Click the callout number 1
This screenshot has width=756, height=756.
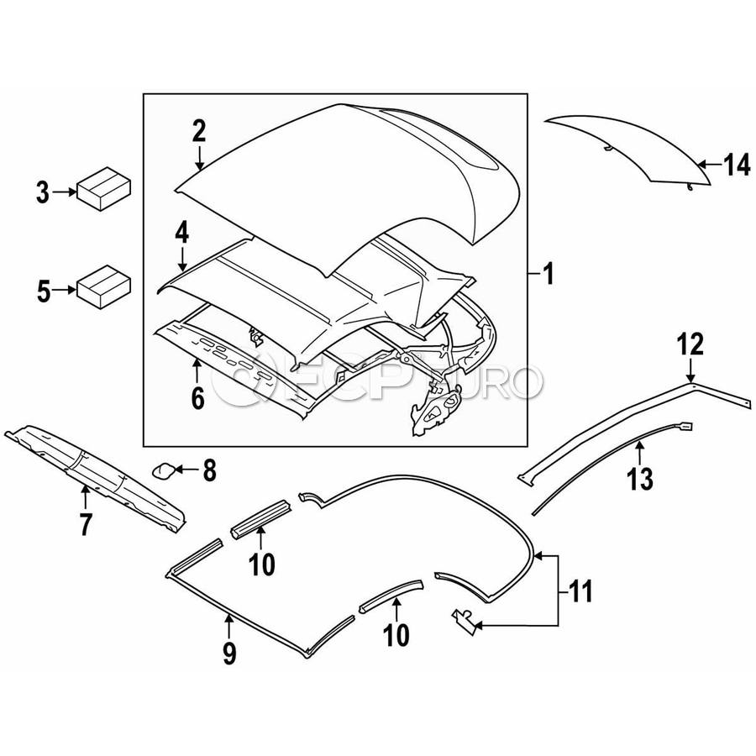(x=547, y=275)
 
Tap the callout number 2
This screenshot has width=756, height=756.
(x=198, y=131)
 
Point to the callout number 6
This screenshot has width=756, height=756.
(x=197, y=398)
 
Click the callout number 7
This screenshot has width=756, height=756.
(x=85, y=524)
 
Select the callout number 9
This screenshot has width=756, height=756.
(x=229, y=652)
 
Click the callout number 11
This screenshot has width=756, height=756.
(x=578, y=591)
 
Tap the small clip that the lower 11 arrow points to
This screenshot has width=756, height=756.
(x=463, y=620)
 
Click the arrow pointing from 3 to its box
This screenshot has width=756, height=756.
(x=64, y=192)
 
